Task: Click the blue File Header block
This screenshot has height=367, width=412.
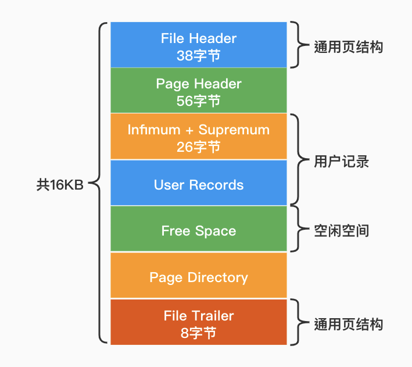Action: (198, 45)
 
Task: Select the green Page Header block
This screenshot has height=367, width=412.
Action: (198, 91)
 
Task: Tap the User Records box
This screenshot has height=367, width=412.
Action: (198, 185)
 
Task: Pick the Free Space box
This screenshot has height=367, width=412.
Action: (198, 231)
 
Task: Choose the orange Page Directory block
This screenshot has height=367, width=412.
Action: (198, 277)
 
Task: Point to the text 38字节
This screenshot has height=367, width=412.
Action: (198, 55)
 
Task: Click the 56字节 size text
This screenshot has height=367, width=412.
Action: (198, 101)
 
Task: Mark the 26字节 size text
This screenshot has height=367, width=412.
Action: (198, 147)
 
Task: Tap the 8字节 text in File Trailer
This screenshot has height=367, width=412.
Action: (198, 333)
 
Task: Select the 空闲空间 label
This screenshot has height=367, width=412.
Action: (341, 231)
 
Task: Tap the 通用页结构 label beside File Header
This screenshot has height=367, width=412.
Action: (348, 47)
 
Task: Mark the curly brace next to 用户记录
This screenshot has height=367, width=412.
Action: (297, 161)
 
